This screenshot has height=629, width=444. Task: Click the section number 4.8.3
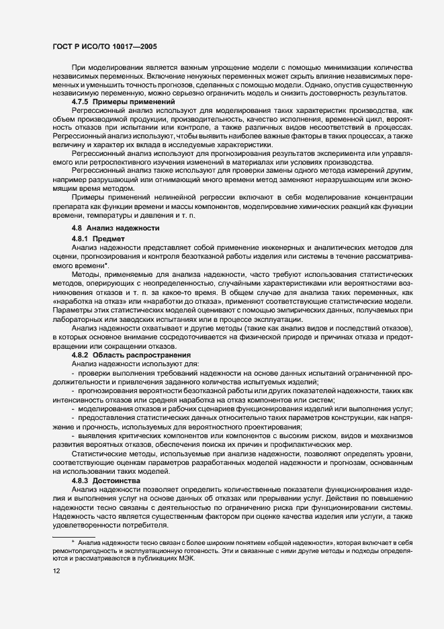[x=81, y=482]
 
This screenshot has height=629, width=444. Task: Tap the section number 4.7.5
[x=81, y=101]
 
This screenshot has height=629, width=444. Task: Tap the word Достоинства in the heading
[x=117, y=482]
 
